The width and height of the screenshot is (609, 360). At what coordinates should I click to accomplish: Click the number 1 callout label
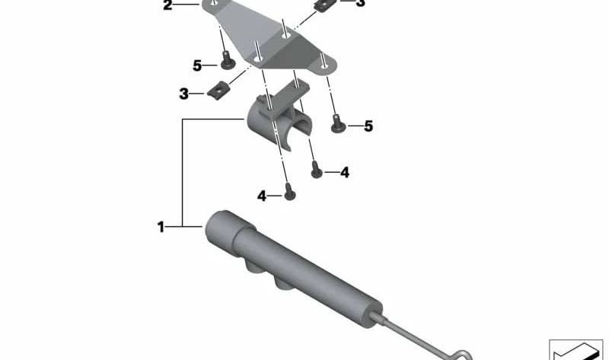pyautogui.click(x=161, y=227)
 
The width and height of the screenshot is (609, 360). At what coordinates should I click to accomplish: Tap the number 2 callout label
pyautogui.click(x=167, y=5)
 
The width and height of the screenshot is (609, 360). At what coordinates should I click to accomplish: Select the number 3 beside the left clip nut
pyautogui.click(x=183, y=94)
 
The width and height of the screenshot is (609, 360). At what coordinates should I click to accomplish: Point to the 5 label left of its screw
pyautogui.click(x=197, y=65)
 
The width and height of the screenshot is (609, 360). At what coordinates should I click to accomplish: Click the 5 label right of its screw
pyautogui.click(x=368, y=126)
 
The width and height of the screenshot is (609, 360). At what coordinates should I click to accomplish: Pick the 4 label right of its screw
pyautogui.click(x=345, y=173)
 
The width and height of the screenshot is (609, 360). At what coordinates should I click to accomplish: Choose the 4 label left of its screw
pyautogui.click(x=262, y=196)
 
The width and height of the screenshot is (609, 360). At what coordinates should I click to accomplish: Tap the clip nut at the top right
pyautogui.click(x=326, y=5)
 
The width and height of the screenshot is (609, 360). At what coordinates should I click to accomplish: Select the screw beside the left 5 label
pyautogui.click(x=228, y=61)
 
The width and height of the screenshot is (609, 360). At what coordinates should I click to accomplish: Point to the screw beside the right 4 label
pyautogui.click(x=317, y=170)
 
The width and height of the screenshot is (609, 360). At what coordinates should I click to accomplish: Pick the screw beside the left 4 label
pyautogui.click(x=290, y=192)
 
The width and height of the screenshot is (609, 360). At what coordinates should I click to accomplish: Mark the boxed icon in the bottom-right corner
pyautogui.click(x=576, y=349)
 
